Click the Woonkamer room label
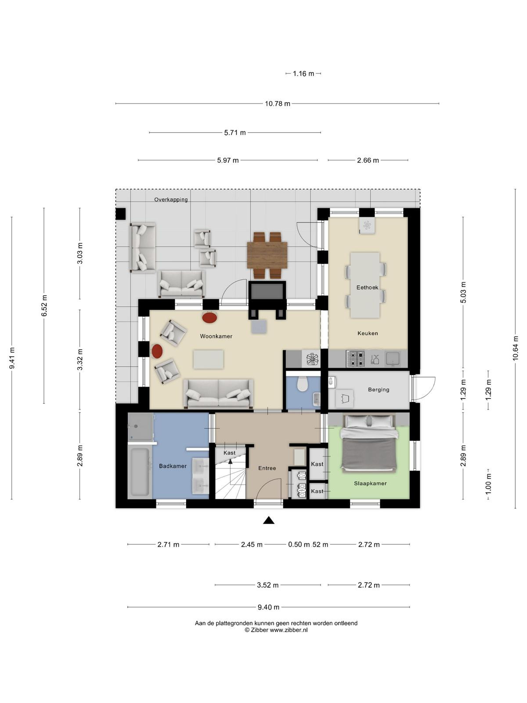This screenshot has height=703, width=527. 216,336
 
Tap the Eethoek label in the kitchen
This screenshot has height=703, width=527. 367,287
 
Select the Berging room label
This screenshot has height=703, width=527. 379,389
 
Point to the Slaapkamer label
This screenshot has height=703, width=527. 370,483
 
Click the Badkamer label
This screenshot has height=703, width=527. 173,466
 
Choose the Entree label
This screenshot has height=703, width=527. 267,468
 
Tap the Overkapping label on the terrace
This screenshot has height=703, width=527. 171,199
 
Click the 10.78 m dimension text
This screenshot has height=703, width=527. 278,104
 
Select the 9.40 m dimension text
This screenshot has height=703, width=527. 268,607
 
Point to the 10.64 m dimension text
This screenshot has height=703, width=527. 515,348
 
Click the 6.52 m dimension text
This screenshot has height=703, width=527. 44,306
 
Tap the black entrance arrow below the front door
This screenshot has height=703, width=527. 269,521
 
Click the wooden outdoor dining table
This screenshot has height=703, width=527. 267,255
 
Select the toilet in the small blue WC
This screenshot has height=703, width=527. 302,384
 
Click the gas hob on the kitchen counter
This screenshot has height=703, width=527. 355,359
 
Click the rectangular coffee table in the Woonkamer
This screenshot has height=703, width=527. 208,359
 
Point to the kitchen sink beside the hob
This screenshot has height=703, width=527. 393,359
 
